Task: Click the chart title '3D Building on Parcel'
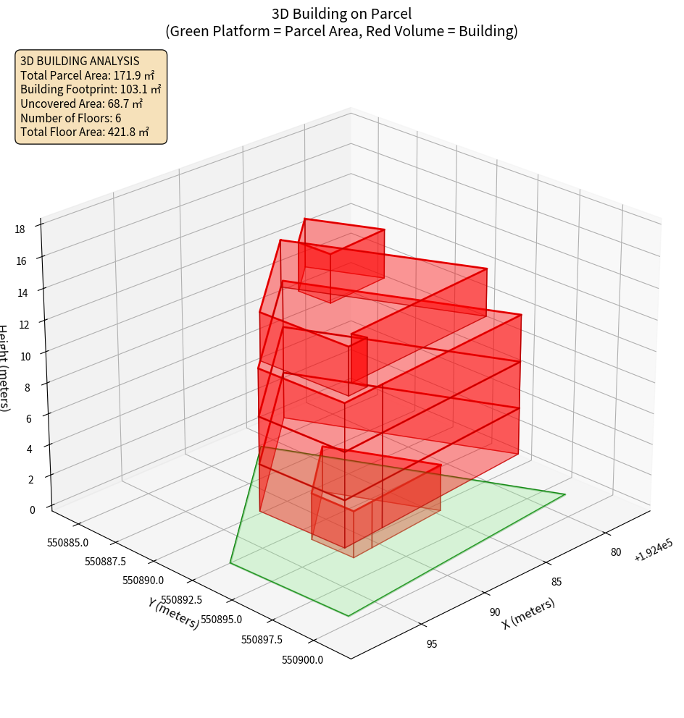341,13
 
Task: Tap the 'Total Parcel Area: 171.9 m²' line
88,75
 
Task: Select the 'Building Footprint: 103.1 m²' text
91,90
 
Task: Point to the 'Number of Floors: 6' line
71,118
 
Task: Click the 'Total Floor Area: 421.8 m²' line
85,132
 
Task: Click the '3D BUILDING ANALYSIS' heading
80,62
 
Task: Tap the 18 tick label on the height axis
20,229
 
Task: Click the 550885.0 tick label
67,542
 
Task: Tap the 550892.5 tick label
181,600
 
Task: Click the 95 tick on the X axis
432,643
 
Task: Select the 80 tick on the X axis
615,552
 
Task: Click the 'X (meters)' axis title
528,613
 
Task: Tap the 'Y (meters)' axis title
173,612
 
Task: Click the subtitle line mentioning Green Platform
341,31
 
